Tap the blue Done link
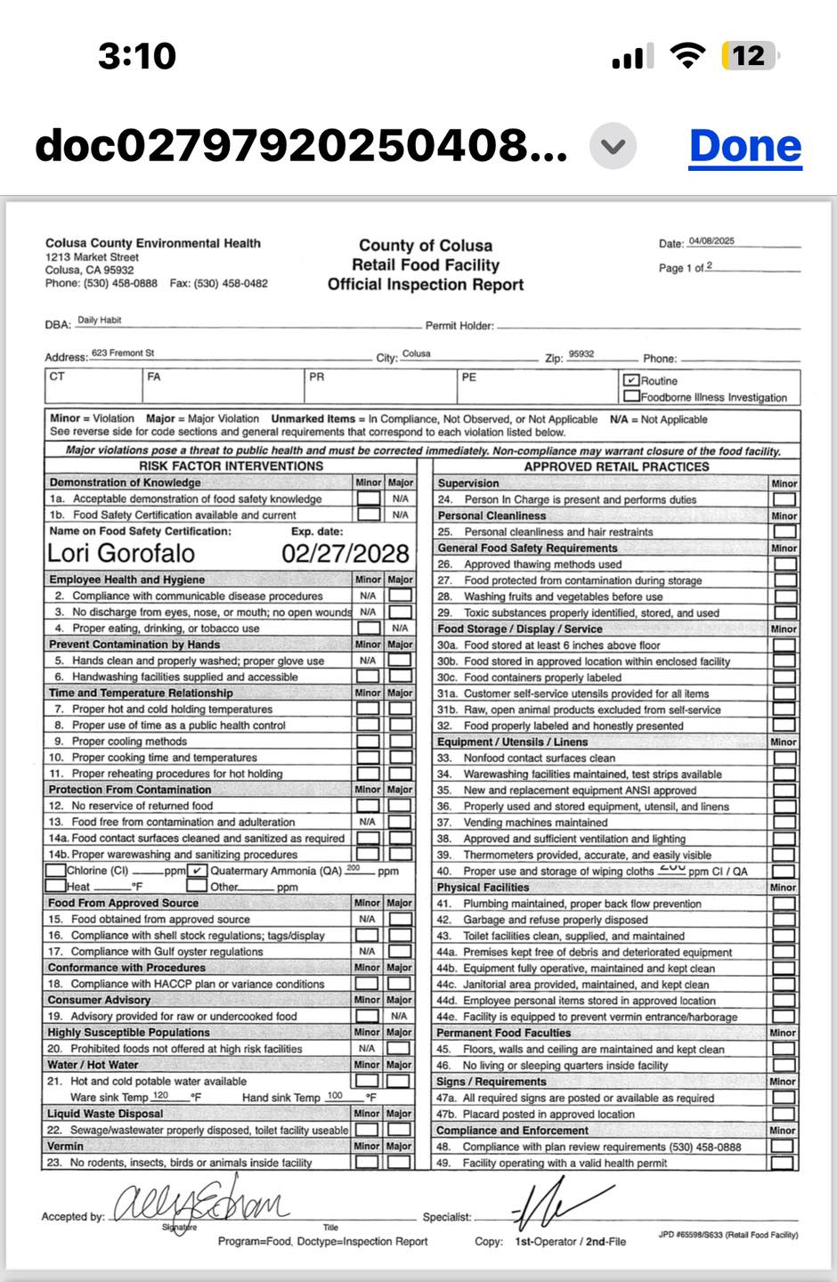745,146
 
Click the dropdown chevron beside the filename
614,146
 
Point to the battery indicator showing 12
749,56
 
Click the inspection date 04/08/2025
711,241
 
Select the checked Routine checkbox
631,380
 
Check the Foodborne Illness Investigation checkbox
631,396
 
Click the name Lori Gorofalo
121,553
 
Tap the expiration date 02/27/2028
345,553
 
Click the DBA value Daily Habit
99,320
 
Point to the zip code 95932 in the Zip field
581,354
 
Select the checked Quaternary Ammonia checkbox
198,871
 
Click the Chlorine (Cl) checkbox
55,871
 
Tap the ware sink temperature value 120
160,1096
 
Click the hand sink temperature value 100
335,1096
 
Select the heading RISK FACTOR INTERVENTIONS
231,466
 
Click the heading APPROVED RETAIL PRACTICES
616,467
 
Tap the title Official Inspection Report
426,285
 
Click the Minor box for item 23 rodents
367,1162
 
